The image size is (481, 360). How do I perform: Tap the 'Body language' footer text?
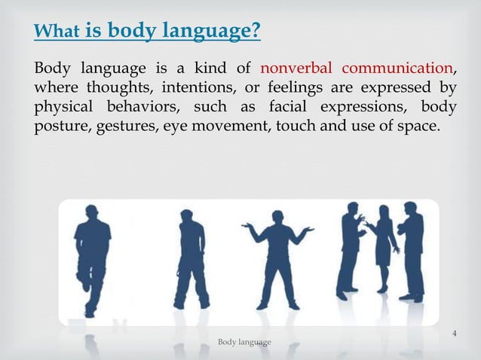[244, 343]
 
